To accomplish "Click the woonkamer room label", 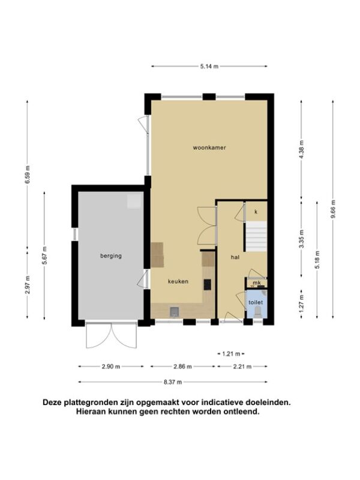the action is pos(209,148).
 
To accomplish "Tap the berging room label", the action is pos(111,256).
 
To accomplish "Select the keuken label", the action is pos(178,281).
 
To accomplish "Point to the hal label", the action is pos(235,257).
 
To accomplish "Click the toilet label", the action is pos(256,302).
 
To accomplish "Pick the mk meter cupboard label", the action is pos(257,283).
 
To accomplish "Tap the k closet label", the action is pos(256,212).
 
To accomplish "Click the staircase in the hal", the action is pos(256,236).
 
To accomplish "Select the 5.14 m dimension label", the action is pos(209,66).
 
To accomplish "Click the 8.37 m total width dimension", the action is pos(173,382).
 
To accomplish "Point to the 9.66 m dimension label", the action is pos(333,209).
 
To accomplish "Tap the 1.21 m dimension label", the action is pos(231,354).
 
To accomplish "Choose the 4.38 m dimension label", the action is pos(301,149).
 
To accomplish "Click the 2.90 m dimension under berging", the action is pos(111,367).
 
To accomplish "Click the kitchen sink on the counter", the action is pos(175,311).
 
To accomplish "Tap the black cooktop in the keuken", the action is pos(207,284).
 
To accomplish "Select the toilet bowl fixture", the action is pos(258,312).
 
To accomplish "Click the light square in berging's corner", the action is pos(134,201).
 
